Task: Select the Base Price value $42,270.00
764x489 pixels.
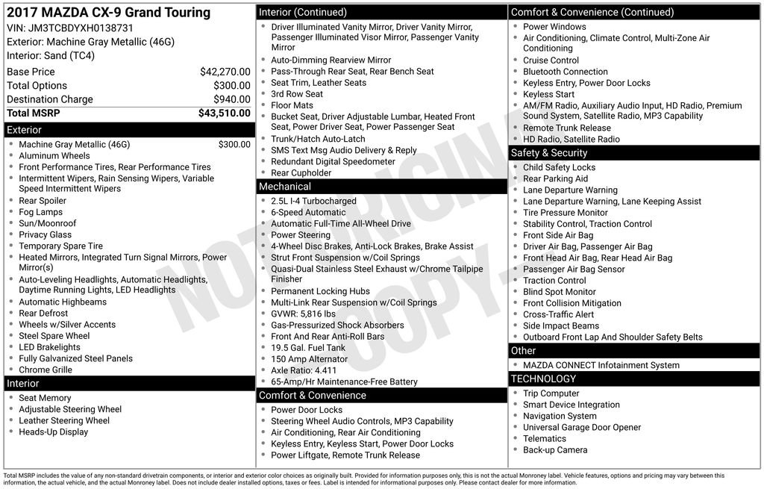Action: coord(225,72)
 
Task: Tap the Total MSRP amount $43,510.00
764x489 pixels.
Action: coord(224,113)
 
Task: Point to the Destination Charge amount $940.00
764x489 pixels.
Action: coord(231,99)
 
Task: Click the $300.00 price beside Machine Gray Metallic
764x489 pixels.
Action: coord(234,145)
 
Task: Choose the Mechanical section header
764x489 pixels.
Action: coord(285,187)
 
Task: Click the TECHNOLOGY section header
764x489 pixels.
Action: coord(543,379)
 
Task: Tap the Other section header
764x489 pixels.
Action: coord(523,351)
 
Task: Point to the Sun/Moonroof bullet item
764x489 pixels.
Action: coord(48,223)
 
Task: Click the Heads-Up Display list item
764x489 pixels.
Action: coord(54,432)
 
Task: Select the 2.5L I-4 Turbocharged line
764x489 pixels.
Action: coord(313,202)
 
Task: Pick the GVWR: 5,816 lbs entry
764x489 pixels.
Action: coord(303,314)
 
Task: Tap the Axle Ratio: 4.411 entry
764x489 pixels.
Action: coord(304,370)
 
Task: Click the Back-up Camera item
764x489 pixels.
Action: coord(555,450)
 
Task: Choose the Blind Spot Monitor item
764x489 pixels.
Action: coord(560,292)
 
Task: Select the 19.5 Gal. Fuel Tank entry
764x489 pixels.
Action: coord(308,348)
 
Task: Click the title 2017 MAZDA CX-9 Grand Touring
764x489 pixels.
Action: coord(109,13)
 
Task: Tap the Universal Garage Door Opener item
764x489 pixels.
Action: coord(582,428)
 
